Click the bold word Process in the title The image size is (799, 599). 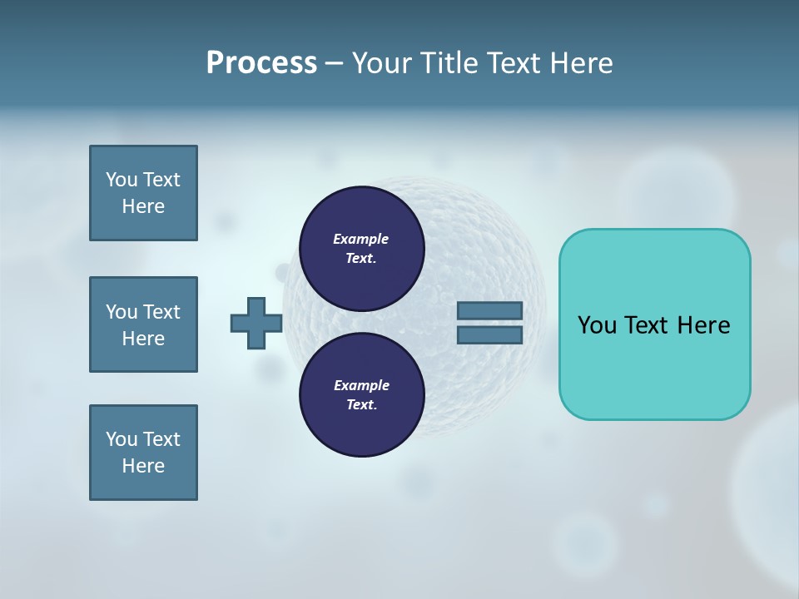click(261, 63)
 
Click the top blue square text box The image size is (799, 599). click(143, 193)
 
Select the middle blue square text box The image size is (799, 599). click(143, 324)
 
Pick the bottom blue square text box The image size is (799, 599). click(143, 453)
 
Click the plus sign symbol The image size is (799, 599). click(256, 324)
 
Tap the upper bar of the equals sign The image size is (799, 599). click(489, 311)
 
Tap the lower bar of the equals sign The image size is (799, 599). click(489, 335)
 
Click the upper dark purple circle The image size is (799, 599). click(361, 248)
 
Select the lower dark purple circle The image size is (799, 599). click(361, 394)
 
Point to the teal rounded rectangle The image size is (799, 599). click(654, 324)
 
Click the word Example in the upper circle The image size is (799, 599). click(361, 239)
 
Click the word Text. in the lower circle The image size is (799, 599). click(361, 404)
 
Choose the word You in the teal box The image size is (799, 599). click(597, 325)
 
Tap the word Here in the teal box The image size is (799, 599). click(703, 325)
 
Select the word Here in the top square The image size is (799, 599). click(143, 206)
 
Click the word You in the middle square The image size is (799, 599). click(121, 312)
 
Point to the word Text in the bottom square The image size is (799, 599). click(161, 439)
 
